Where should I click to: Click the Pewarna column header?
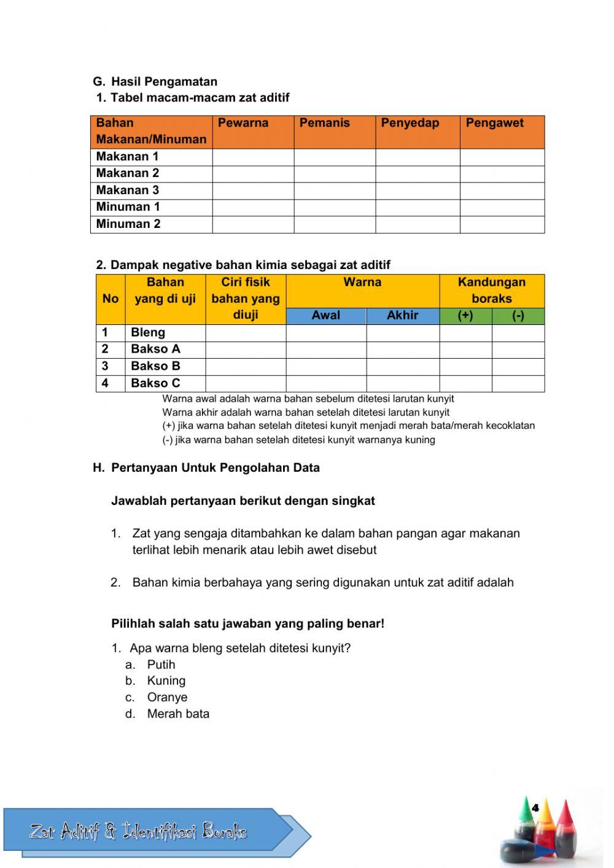click(x=243, y=123)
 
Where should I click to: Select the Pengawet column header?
click(x=494, y=123)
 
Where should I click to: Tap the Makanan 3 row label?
click(x=128, y=190)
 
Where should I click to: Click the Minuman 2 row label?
click(x=128, y=224)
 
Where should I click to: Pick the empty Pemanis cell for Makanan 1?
click(x=334, y=157)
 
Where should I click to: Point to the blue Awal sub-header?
click(x=325, y=316)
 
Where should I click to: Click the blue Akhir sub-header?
click(x=402, y=316)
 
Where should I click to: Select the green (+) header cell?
click(x=465, y=316)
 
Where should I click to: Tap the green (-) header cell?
click(x=518, y=316)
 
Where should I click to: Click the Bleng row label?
click(x=148, y=332)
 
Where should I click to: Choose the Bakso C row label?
click(x=155, y=383)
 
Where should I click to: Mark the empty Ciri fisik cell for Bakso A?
click(x=245, y=350)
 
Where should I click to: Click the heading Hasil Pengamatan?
click(x=164, y=82)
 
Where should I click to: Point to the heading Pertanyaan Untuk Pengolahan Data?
click(x=215, y=467)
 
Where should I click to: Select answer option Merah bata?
click(x=178, y=714)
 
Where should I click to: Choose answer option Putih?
click(x=161, y=665)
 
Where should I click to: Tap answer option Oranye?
click(x=167, y=697)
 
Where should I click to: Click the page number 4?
click(x=535, y=808)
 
